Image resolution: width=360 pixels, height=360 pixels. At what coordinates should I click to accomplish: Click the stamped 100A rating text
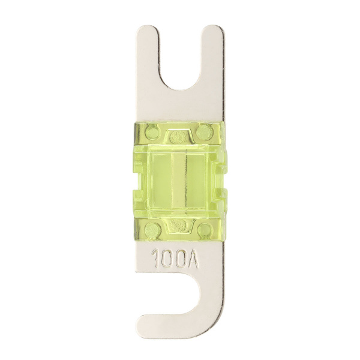[175, 259]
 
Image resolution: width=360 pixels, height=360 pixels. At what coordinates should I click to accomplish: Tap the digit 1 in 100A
[155, 259]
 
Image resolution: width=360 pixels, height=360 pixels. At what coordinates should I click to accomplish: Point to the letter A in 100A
[193, 259]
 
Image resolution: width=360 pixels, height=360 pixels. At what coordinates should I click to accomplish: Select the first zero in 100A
[166, 259]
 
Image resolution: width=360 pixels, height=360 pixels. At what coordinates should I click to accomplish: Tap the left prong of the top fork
[148, 58]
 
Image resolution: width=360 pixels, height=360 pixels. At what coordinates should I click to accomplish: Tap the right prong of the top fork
[213, 58]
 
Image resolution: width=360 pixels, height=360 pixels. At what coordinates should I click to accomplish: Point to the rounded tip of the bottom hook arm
[143, 324]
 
